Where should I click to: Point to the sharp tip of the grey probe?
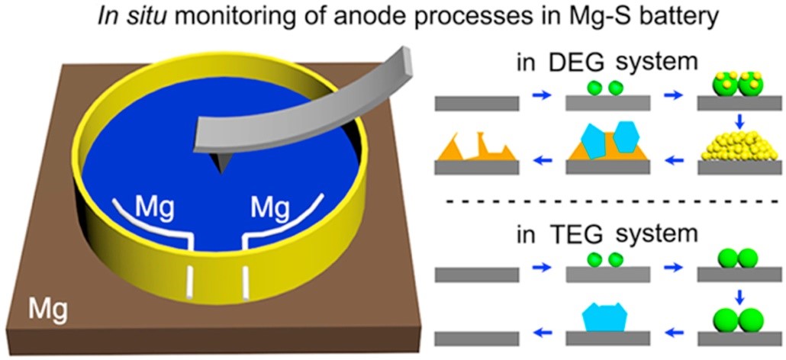pos(221,169)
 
